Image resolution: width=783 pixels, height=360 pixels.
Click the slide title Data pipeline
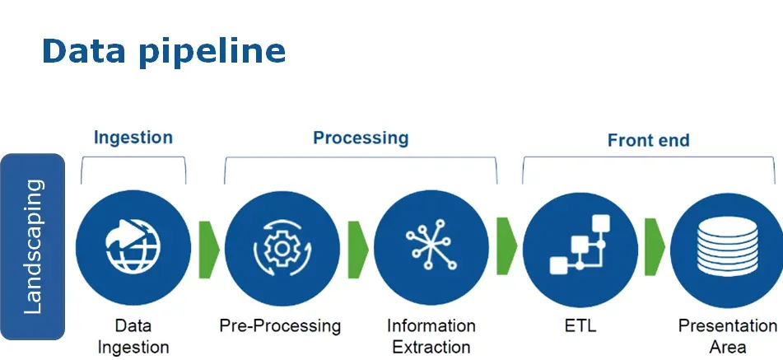[163, 51]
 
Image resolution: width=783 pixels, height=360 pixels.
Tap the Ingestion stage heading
[133, 137]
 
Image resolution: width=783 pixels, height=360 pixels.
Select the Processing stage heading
[361, 138]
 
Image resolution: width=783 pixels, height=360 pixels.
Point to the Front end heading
[648, 140]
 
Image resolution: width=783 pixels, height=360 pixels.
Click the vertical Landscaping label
[33, 247]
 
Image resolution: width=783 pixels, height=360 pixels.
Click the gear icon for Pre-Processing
[282, 247]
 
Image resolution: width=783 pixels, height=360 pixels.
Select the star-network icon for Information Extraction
[430, 246]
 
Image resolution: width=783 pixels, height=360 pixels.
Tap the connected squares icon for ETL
[579, 246]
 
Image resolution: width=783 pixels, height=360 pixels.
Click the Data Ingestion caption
[133, 336]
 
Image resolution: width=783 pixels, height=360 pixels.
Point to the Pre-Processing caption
[280, 325]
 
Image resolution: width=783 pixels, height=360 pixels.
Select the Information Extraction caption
[431, 336]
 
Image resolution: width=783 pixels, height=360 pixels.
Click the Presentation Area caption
[727, 336]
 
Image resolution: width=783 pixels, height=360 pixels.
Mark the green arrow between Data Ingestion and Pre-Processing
[208, 247]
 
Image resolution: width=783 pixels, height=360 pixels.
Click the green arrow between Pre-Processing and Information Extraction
[357, 247]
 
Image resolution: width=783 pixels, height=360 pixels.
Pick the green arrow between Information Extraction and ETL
[506, 247]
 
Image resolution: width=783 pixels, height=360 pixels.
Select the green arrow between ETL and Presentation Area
[655, 247]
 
